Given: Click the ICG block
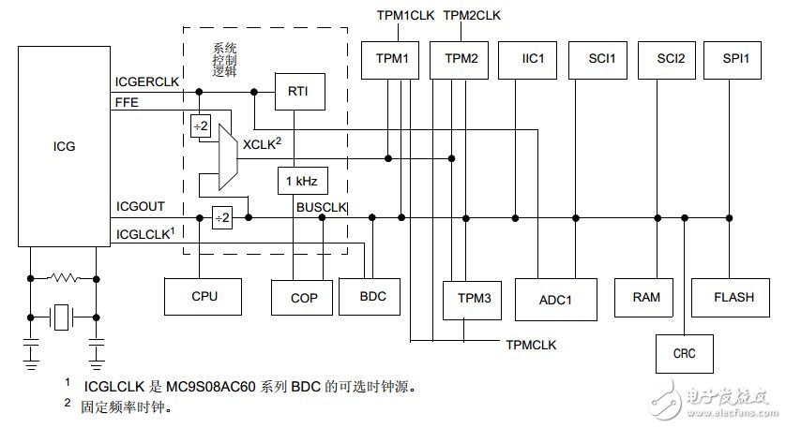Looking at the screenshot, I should pos(63,146).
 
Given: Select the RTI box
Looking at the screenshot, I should pos(294,91).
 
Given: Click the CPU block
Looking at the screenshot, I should pos(204,297).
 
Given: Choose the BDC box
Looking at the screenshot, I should pos(372,297).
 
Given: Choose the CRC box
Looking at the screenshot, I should pos(684,354).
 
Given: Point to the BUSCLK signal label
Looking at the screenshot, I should pos(322,205).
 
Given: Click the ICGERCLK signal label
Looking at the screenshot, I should pos(146,81).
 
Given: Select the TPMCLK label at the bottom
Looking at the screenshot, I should pos(531,345).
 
